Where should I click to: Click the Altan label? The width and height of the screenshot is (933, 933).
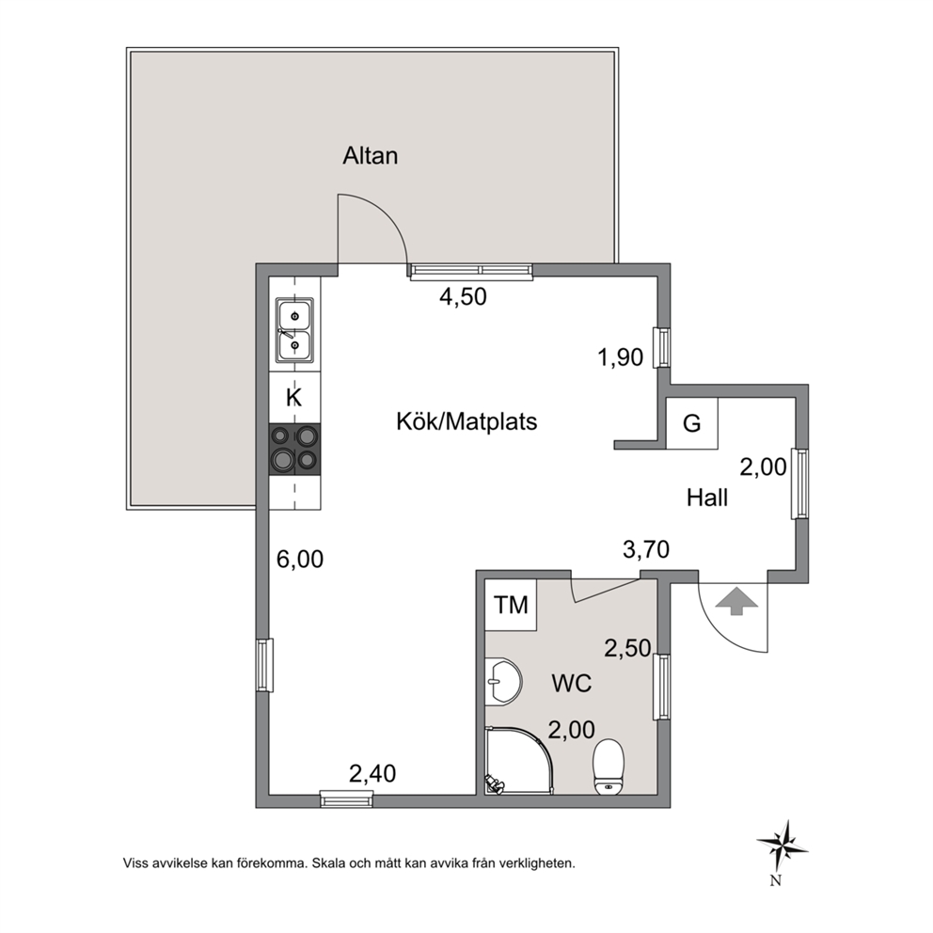pos(371,156)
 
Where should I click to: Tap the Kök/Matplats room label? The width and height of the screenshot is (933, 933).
pos(466,422)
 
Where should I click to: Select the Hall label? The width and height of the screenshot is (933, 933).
pos(707,498)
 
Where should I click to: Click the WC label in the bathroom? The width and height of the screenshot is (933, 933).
pos(572,683)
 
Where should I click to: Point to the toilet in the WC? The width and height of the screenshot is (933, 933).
pos(609,767)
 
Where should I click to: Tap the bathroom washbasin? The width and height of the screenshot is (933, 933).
pos(503,682)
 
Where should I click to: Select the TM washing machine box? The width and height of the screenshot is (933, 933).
pos(511,605)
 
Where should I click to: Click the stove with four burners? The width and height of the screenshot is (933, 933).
pos(294,450)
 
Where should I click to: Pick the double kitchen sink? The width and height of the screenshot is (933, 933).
pos(294,330)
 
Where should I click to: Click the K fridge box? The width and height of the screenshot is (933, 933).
pos(294,398)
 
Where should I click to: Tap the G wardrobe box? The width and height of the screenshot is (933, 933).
pos(691,423)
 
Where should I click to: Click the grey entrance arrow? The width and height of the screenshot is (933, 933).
pos(736,601)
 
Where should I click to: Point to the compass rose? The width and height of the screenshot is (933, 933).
pos(783,846)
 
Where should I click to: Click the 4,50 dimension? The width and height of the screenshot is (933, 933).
pos(463,296)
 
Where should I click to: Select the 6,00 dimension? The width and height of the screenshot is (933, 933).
pos(300,560)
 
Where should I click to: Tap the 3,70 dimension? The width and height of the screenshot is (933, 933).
pos(646,549)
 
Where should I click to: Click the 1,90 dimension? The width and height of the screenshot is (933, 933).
pos(620,357)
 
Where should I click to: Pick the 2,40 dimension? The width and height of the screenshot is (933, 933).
pos(372,773)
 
